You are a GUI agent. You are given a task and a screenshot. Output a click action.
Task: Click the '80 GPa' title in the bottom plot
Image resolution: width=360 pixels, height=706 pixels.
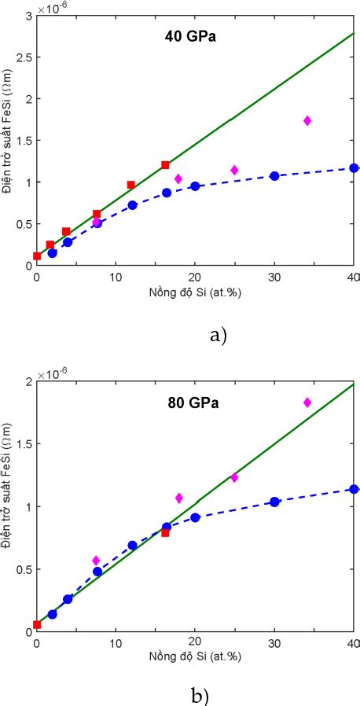pyautogui.click(x=194, y=404)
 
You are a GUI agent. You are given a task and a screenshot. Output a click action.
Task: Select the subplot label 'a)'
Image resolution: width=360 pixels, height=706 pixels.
pyautogui.click(x=219, y=336)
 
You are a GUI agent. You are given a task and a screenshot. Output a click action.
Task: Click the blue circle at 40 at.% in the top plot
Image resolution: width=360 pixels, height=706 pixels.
pyautogui.click(x=354, y=168)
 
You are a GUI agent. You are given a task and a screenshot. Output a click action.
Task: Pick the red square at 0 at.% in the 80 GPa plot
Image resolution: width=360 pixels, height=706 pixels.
pyautogui.click(x=37, y=625)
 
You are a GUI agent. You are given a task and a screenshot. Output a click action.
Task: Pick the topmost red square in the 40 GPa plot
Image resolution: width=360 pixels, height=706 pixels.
pyautogui.click(x=165, y=165)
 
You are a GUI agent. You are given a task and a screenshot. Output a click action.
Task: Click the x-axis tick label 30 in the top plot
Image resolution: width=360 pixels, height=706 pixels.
pyautogui.click(x=275, y=277)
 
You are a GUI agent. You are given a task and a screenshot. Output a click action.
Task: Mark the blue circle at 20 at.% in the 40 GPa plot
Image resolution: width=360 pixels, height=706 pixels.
pyautogui.click(x=195, y=186)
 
